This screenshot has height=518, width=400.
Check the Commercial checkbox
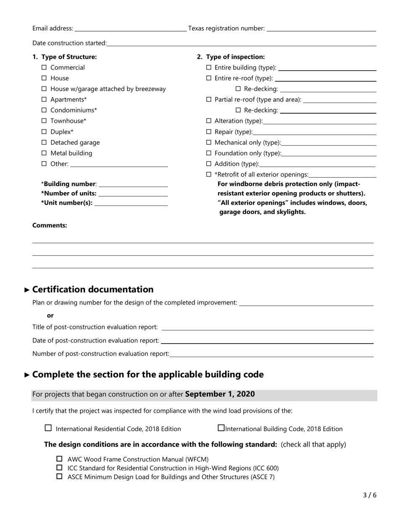click(x=44, y=67)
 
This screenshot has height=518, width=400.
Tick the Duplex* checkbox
click(x=44, y=132)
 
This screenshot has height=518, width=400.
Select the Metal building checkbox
click(x=44, y=153)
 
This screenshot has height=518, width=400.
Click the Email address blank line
click(x=130, y=29)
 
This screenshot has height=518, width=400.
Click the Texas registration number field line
click(x=321, y=29)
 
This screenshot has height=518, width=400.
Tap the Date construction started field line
click(x=241, y=43)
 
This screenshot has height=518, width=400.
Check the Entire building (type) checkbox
click(x=208, y=67)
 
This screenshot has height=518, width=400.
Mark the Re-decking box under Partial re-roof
click(x=238, y=110)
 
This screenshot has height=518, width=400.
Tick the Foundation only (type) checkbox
click(x=208, y=153)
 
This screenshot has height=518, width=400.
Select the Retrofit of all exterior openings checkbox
click(x=208, y=174)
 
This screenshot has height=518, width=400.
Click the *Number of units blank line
click(x=133, y=194)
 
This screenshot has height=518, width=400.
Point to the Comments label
click(x=50, y=225)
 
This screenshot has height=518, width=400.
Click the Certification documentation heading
click(x=93, y=289)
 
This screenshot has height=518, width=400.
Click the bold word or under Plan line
click(x=50, y=315)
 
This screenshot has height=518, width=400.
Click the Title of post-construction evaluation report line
click(x=267, y=328)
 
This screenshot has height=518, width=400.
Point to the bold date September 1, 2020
click(x=220, y=395)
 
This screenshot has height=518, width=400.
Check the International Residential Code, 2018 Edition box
click(x=48, y=428)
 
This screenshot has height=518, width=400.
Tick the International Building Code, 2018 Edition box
click(x=221, y=428)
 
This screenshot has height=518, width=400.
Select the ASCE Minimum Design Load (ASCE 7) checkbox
click(x=59, y=477)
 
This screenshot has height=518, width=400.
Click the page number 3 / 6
click(x=370, y=495)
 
